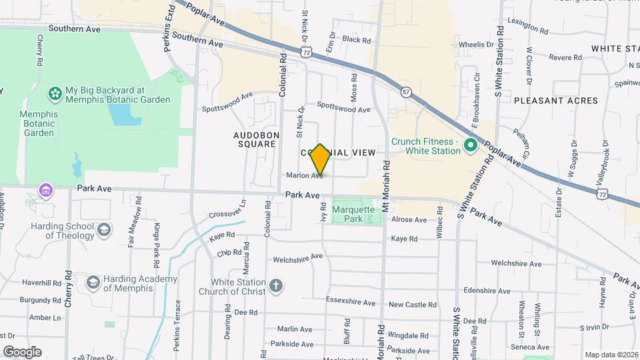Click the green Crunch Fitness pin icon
[470, 144]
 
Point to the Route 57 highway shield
[406, 92]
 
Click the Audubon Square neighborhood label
[255, 139]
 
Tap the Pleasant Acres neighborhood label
[556, 100]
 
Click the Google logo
[22, 351]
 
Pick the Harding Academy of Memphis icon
[93, 283]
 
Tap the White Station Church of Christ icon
[276, 287]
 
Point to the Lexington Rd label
[527, 21]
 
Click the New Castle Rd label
[413, 305]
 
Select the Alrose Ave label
[409, 219]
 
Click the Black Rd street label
[351, 39]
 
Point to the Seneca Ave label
[531, 347]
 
